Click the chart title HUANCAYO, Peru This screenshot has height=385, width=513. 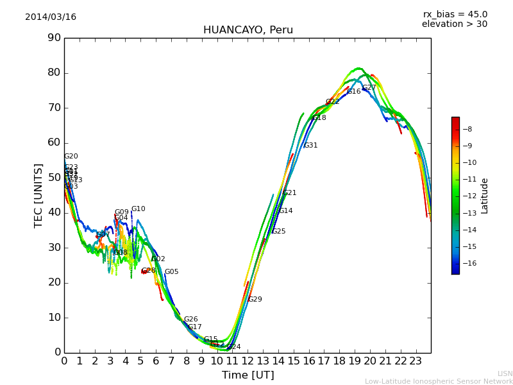tap(248, 30)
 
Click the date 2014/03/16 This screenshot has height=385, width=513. tap(51, 17)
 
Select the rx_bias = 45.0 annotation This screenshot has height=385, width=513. tap(455, 15)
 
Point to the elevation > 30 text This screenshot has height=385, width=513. tap(455, 24)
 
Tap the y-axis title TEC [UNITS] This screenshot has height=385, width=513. tap(38, 195)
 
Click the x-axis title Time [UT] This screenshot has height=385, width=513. tap(248, 375)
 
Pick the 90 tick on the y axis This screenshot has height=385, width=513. tap(54, 38)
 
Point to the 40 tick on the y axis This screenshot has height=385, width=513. tap(54, 212)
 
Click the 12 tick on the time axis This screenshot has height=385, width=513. tap(248, 361)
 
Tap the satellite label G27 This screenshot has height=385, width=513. tap(369, 88)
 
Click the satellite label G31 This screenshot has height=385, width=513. tap(310, 146)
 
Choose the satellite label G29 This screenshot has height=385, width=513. tap(255, 300)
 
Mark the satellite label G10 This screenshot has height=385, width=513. tap(139, 209)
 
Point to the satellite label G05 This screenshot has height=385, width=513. tap(172, 272)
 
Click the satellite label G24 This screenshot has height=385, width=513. tap(234, 347)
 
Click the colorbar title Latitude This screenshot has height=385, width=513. tap(485, 196)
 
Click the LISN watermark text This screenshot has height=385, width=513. tap(505, 373)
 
